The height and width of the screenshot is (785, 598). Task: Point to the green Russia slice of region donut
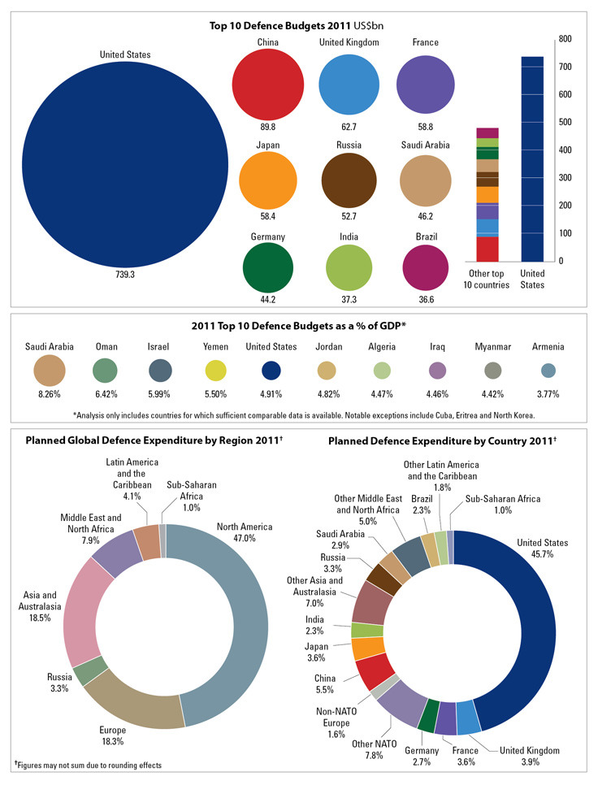(86, 670)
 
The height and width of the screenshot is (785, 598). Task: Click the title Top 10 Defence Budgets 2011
(297, 25)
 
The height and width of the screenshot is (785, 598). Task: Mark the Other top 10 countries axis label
(487, 279)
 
